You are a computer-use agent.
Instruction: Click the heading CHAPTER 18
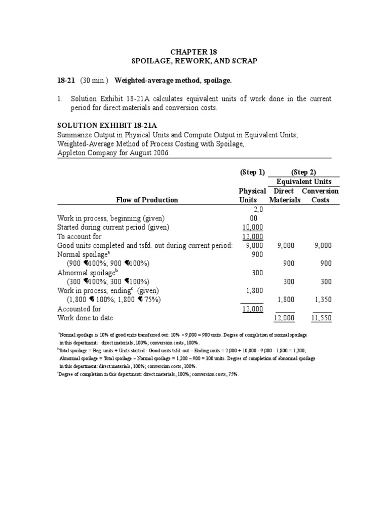click(194, 52)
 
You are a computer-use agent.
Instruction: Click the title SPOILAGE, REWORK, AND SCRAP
click(194, 61)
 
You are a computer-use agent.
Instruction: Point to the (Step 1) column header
click(252, 172)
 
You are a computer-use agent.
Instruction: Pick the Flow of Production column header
click(147, 200)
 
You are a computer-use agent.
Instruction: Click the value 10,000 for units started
click(253, 227)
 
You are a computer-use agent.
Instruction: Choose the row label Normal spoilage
click(83, 254)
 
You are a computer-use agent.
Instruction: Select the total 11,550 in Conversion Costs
click(322, 318)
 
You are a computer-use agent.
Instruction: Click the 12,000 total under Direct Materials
click(284, 318)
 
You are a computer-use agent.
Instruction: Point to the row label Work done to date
click(86, 318)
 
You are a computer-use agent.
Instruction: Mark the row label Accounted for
click(79, 309)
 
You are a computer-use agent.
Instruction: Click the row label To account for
click(80, 236)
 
